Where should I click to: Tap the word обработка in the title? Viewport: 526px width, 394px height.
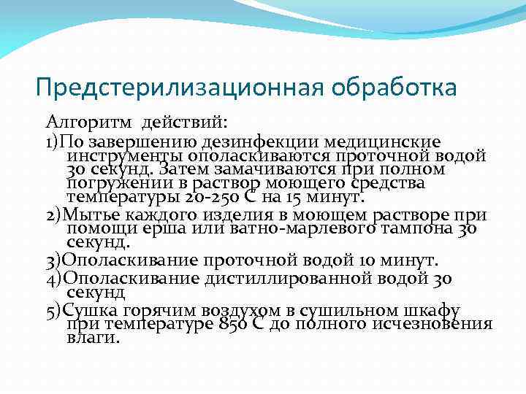394,87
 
